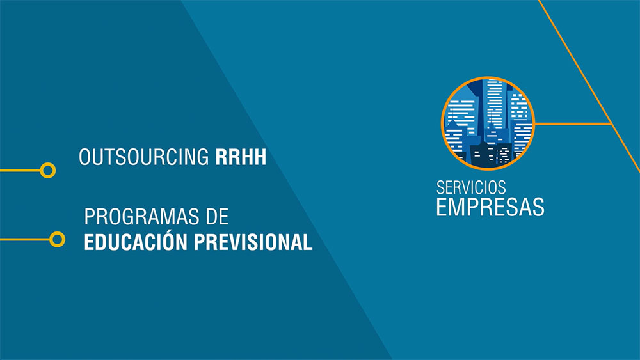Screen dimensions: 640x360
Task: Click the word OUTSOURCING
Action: [x=143, y=157]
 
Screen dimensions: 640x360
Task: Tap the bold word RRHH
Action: [x=241, y=157]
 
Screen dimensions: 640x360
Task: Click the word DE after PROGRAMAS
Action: [x=217, y=217]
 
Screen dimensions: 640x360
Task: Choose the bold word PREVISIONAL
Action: [x=253, y=242]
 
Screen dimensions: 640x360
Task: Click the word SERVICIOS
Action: [x=471, y=187]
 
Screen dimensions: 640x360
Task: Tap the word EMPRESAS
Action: [x=490, y=207]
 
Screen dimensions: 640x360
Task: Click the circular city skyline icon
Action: [x=488, y=123]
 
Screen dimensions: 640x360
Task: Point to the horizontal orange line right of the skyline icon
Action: [x=573, y=123]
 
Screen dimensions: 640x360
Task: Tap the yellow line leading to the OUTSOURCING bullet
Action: [x=20, y=170]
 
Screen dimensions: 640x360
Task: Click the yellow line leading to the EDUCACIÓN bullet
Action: [x=25, y=239]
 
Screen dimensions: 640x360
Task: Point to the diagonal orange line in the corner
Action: [x=589, y=86]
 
